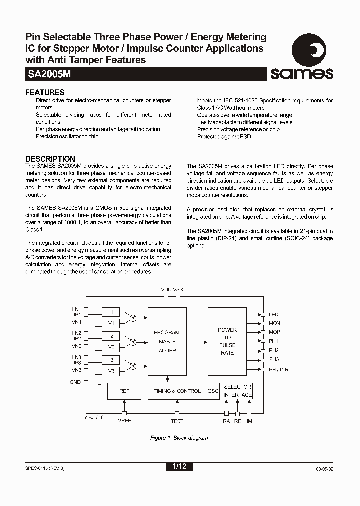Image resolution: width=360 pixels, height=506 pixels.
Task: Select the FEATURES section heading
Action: tap(45, 92)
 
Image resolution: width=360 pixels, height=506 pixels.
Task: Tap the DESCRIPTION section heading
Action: tap(50, 159)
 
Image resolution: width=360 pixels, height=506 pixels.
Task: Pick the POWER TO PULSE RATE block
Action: tap(227, 341)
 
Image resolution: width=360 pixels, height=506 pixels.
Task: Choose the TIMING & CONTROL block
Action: tap(177, 391)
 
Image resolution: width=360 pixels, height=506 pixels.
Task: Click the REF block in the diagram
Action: tap(124, 391)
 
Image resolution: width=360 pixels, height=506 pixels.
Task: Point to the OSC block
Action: tap(213, 391)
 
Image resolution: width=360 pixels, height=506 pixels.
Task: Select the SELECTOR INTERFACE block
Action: tap(237, 391)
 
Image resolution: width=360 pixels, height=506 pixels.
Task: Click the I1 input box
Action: tap(111, 312)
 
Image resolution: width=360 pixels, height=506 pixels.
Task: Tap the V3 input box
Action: tap(111, 371)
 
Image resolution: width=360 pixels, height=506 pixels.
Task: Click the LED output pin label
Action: tap(273, 315)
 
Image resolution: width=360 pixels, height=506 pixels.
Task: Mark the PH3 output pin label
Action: tap(274, 359)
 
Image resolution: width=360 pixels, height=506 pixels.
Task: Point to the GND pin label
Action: tap(75, 382)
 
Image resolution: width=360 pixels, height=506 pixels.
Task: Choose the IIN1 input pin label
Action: tap(76, 309)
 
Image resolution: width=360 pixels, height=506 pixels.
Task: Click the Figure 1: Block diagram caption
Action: tap(179, 438)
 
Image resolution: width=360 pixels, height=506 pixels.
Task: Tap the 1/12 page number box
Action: tap(179, 466)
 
